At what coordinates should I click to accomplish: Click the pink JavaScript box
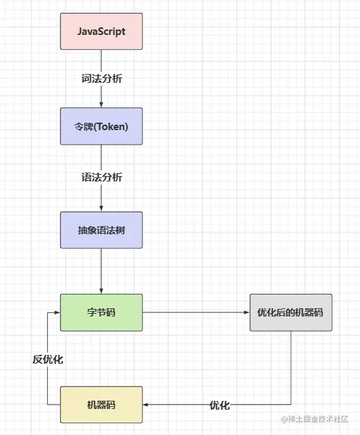coord(101,32)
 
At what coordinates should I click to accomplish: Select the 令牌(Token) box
coord(101,126)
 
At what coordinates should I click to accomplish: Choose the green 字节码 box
coord(101,312)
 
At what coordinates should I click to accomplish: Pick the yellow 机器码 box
coord(101,405)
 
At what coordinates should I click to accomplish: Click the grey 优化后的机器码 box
coord(290,312)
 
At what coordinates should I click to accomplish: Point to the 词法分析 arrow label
coord(102,78)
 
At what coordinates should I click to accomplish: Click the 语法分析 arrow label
coord(102,177)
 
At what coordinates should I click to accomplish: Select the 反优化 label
coord(48,359)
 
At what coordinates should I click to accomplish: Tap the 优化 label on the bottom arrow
coord(220,406)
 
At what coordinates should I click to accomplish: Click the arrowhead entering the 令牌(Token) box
coord(101,104)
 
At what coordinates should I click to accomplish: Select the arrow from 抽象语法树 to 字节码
coord(101,271)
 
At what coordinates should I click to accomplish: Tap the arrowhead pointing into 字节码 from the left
coord(57,312)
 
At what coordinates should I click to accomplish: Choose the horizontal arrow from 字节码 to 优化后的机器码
coord(195,312)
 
